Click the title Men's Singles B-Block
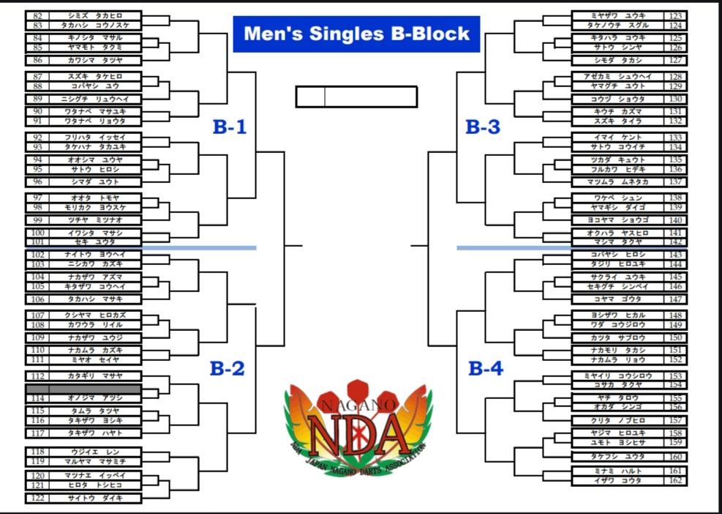(356, 34)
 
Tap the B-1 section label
(230, 127)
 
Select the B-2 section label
(227, 368)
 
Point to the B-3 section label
(483, 127)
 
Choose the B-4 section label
(486, 368)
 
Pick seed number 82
(38, 15)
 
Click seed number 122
(38, 498)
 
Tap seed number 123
(676, 15)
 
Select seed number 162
(676, 480)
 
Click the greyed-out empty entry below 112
(84, 388)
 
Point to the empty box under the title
(356, 97)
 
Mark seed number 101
(38, 242)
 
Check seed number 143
(676, 255)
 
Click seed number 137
(676, 182)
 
